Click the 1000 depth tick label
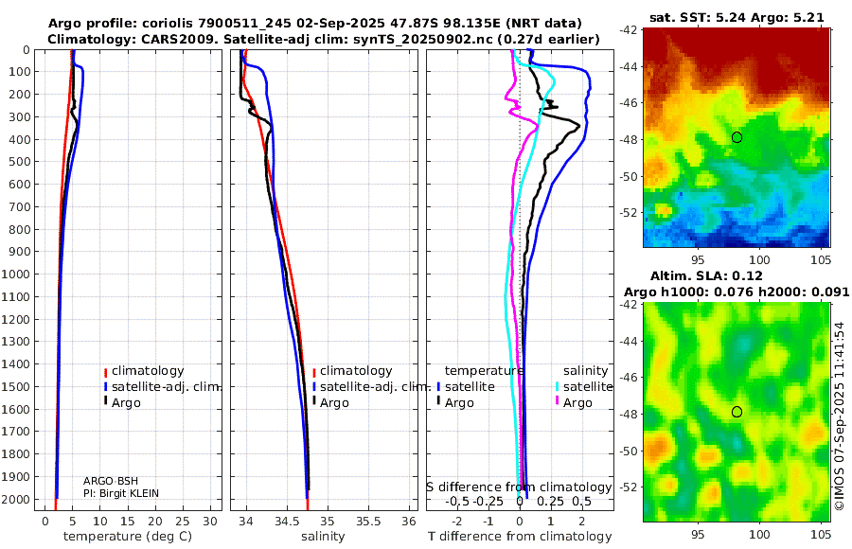(15, 274)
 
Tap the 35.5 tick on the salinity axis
(368, 521)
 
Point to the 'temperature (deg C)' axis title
(128, 537)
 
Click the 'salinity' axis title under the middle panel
(324, 537)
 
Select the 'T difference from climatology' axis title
(520, 537)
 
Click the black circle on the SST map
(737, 137)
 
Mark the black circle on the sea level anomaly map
(737, 412)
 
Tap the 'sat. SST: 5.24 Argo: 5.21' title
(737, 18)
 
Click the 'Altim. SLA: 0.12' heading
(706, 276)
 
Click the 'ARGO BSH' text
(111, 481)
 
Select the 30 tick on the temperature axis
(210, 521)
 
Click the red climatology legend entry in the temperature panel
(145, 371)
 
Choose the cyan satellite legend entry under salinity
(583, 387)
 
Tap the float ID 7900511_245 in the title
(245, 24)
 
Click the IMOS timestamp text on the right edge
(840, 416)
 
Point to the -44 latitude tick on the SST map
(629, 67)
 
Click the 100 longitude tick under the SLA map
(759, 534)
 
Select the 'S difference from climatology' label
(520, 487)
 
